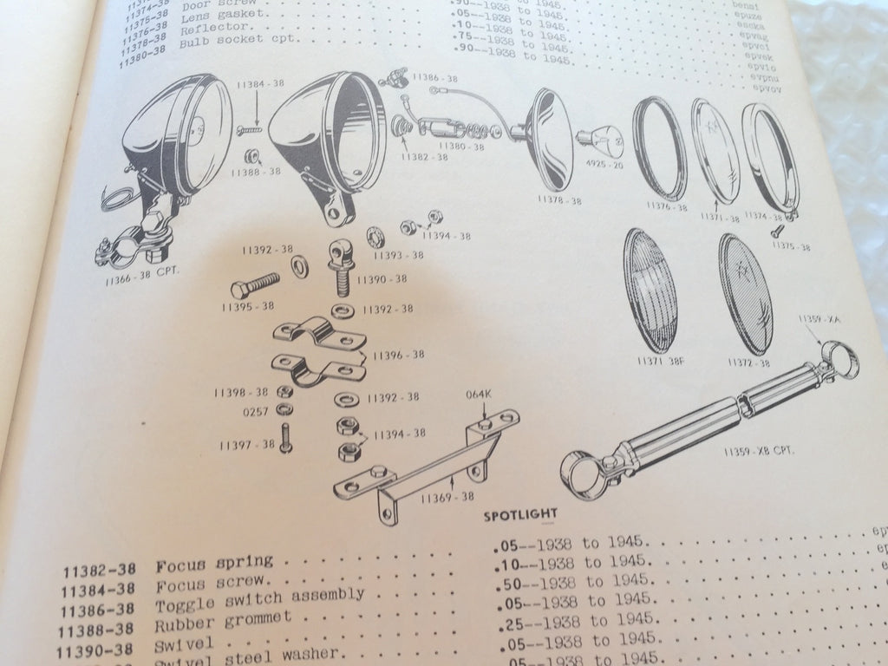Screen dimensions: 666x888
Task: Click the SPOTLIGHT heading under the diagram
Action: [518, 513]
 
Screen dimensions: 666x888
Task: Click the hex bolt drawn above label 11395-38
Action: [255, 285]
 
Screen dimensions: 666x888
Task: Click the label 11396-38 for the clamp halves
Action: [398, 354]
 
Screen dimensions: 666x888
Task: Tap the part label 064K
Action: [479, 395]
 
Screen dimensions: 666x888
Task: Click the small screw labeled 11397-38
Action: [286, 438]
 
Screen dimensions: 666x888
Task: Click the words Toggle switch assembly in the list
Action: [259, 596]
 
